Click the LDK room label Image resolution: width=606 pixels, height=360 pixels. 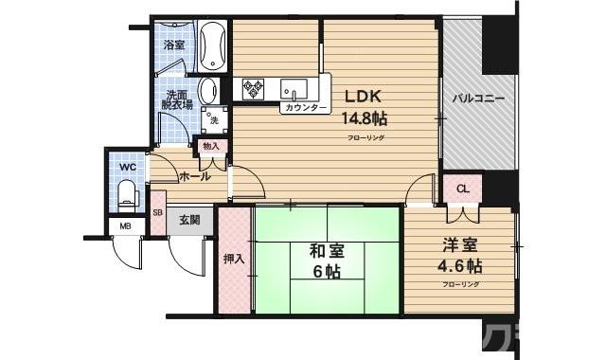click(363, 96)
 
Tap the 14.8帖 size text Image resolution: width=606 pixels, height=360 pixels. click(365, 118)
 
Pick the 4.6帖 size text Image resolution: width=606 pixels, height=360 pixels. click(460, 265)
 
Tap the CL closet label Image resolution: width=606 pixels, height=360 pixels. click(462, 189)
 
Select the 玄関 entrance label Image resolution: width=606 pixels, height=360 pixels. click(189, 220)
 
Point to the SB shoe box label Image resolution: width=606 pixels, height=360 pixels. click(158, 212)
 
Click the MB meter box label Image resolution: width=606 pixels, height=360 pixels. click(124, 225)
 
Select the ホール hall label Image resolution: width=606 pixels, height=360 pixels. click(193, 176)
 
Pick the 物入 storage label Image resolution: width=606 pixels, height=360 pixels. click(210, 146)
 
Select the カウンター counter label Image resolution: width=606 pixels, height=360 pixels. click(304, 109)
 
